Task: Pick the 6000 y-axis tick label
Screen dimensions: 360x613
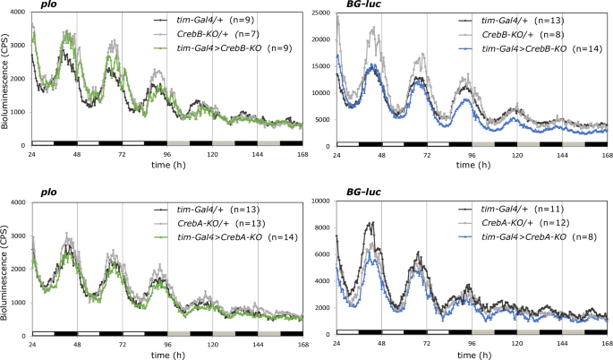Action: pos(324,254)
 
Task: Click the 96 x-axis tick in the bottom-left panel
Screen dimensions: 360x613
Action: pos(167,344)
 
